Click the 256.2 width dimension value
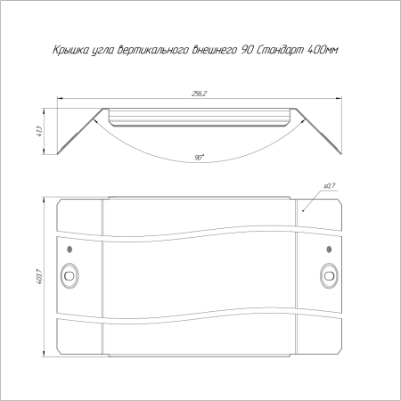point(199,94)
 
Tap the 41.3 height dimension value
point(40,131)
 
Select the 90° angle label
point(200,158)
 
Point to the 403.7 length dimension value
point(39,276)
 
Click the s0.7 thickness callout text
point(329,186)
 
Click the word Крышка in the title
point(70,50)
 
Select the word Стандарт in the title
point(279,50)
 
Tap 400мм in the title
point(322,50)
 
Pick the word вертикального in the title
point(152,50)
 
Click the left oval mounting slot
point(70,275)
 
